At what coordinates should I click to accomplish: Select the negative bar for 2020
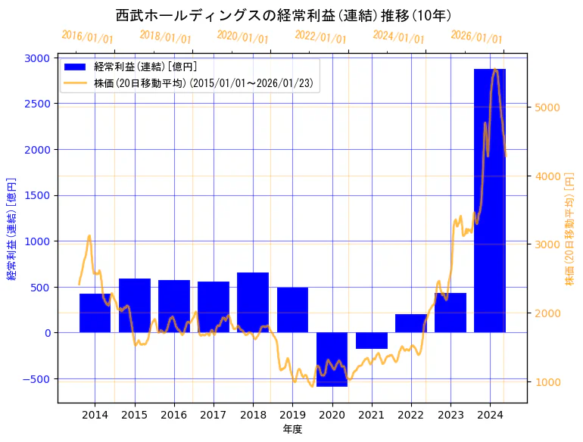332,360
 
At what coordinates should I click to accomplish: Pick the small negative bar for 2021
371,341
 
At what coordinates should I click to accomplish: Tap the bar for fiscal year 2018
253,303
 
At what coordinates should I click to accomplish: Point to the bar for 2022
410,323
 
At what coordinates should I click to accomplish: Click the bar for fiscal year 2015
135,306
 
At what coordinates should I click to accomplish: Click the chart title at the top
283,15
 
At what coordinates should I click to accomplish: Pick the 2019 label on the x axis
292,415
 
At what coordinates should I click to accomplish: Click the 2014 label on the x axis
95,415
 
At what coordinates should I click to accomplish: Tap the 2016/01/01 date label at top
87,37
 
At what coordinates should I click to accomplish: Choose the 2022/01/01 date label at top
320,37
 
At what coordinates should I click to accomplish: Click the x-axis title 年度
292,429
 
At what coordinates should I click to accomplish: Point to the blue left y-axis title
11,230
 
